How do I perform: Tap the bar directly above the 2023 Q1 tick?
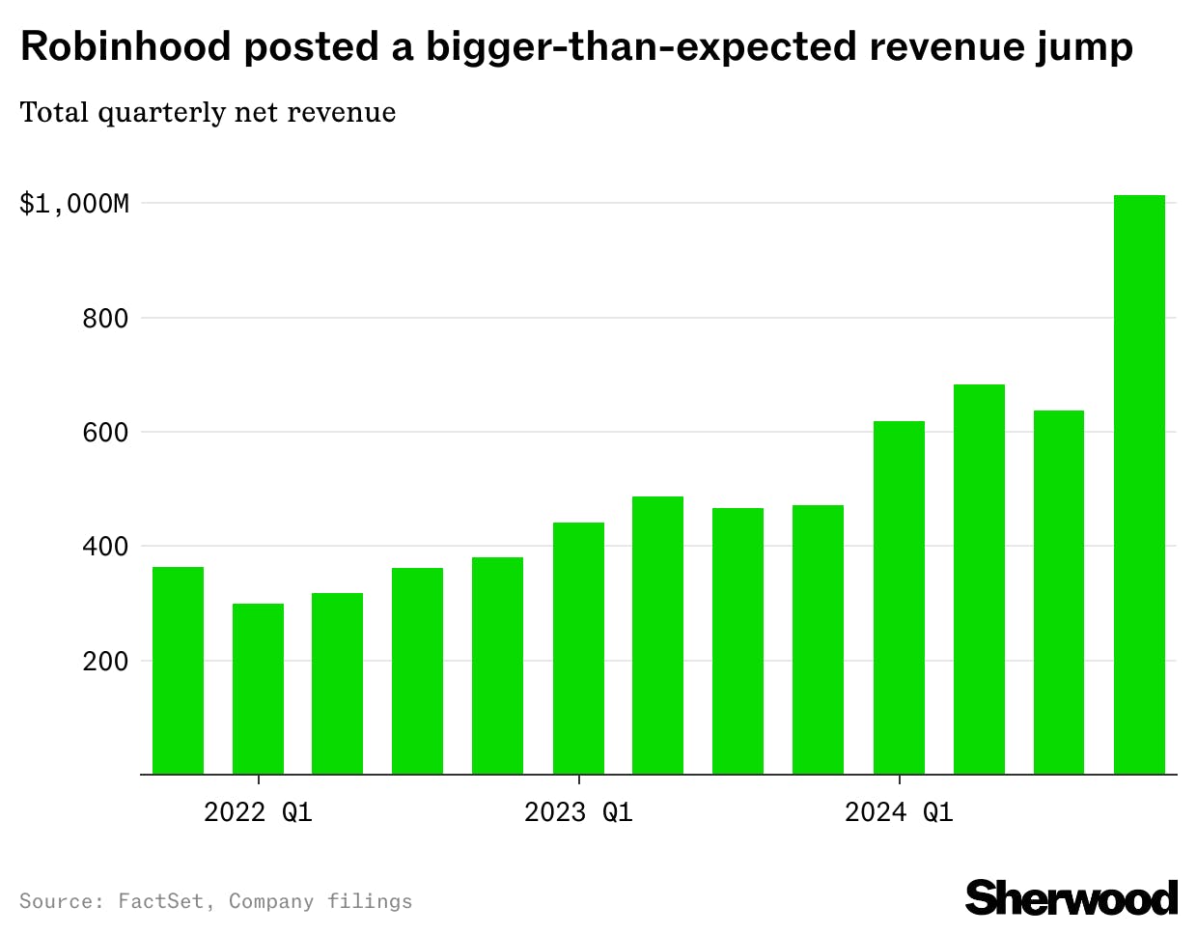coord(578,648)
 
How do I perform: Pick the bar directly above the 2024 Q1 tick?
coord(899,598)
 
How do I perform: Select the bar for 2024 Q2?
coord(979,580)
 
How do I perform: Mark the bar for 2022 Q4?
coord(497,666)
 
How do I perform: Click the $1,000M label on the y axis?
coord(74,204)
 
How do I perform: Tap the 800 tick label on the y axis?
coord(105,319)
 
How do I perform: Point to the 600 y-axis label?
coord(105,433)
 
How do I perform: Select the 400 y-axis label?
coord(105,547)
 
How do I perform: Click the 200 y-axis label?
coord(105,662)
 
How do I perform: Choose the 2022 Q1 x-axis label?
coord(258,812)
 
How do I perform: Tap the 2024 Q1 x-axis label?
coord(899,812)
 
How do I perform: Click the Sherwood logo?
coord(1072,898)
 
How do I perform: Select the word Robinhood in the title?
coord(126,46)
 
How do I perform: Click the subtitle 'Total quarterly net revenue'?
coord(208,113)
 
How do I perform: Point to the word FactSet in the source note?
coord(160,901)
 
